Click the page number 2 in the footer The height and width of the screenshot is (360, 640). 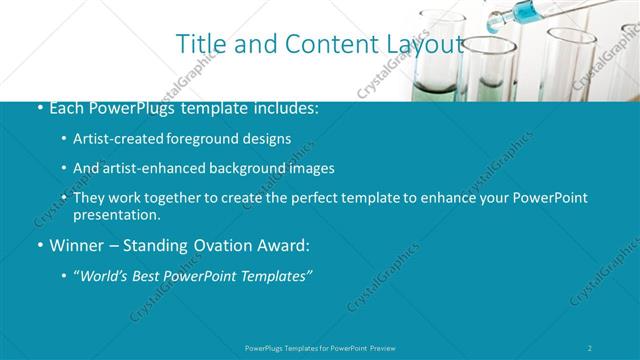(x=590, y=347)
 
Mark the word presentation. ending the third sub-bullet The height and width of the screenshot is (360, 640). (x=116, y=215)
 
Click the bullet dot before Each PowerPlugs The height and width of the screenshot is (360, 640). (x=39, y=108)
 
